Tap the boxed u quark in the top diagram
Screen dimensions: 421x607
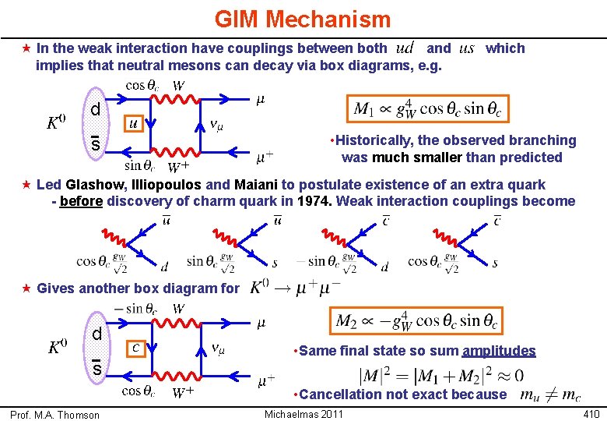click(x=134, y=123)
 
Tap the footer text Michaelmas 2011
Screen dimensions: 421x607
click(x=303, y=413)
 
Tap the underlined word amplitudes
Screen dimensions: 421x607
click(x=499, y=351)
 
